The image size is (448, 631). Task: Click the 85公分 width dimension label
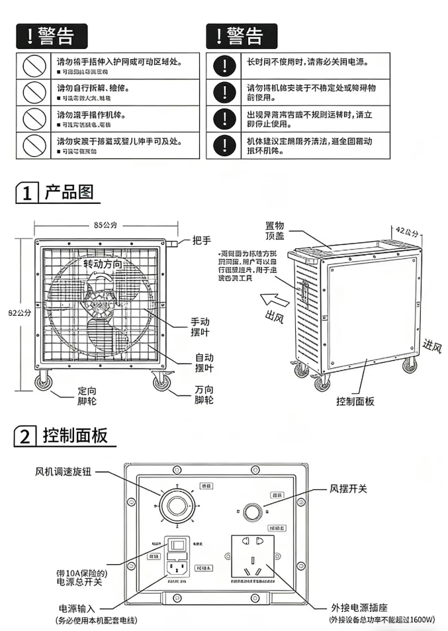105,225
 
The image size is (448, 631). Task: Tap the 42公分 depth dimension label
408,231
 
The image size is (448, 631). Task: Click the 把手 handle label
202,240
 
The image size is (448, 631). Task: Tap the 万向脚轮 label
204,395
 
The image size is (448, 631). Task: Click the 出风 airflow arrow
271,299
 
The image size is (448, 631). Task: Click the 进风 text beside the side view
431,345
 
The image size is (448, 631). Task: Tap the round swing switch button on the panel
252,512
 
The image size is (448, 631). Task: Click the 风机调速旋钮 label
63,472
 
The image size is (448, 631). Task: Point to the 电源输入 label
77,608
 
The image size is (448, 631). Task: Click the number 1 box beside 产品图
26,194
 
